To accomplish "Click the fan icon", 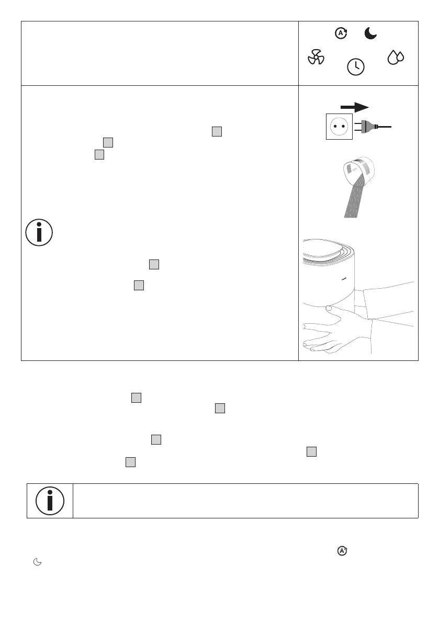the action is click(x=316, y=57).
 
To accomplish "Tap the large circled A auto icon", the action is click(x=341, y=33).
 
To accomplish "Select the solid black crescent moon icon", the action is click(x=370, y=34).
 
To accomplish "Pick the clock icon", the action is click(x=356, y=66).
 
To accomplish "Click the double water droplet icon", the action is click(x=395, y=58).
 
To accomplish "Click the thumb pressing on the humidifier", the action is click(x=329, y=310).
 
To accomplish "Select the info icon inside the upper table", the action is click(x=39, y=231).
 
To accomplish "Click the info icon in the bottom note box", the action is click(x=50, y=501).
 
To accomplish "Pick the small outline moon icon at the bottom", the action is click(x=37, y=562).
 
